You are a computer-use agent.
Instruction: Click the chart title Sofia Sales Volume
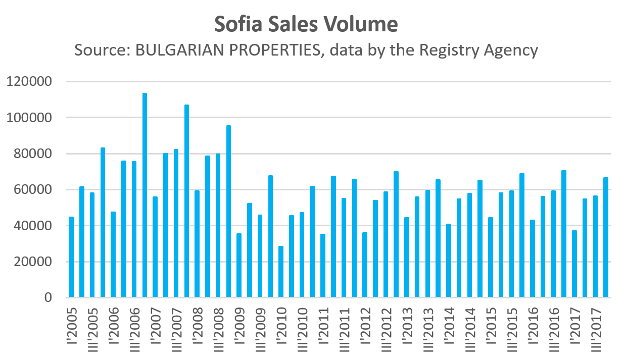tap(306, 24)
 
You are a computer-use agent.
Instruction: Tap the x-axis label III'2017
tap(595, 328)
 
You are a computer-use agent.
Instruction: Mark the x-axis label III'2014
tap(469, 328)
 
